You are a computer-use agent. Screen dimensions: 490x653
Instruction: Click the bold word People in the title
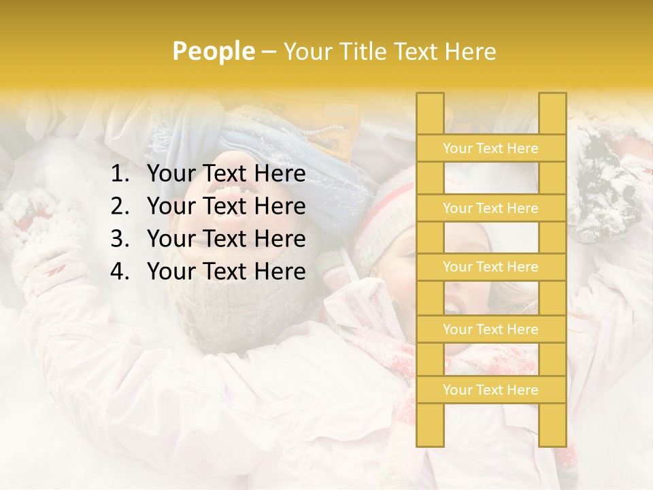214,51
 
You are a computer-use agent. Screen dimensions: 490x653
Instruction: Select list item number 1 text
226,174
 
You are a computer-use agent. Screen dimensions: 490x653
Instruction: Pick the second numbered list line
226,206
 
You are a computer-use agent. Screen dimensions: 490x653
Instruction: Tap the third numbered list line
226,239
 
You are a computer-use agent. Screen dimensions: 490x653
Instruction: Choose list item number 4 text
226,272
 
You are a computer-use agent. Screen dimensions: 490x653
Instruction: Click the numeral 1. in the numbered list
120,174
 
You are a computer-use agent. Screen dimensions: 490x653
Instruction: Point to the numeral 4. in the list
120,272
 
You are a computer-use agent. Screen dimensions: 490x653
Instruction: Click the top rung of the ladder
490,148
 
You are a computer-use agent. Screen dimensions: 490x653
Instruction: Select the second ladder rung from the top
490,208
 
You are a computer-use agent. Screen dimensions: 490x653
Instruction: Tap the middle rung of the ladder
490,267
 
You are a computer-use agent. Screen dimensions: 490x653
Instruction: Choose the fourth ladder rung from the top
490,329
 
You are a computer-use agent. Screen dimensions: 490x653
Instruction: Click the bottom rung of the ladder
490,390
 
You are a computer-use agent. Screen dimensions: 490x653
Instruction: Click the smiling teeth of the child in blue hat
229,190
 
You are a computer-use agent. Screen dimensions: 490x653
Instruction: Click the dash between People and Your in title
269,52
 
